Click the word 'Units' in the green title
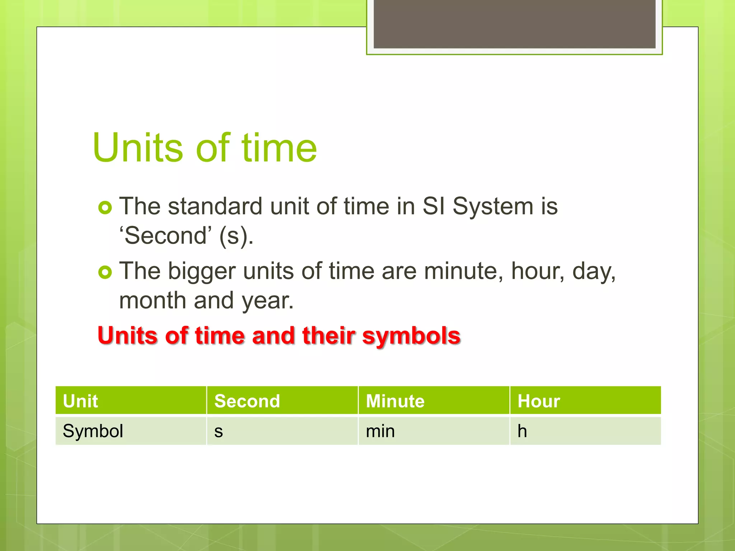[138, 147]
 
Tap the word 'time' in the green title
[279, 147]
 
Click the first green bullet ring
[105, 208]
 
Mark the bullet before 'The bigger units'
[105, 273]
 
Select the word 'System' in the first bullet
[493, 207]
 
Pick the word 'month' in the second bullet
[153, 300]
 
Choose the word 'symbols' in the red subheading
[411, 336]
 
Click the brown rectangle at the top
[514, 24]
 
